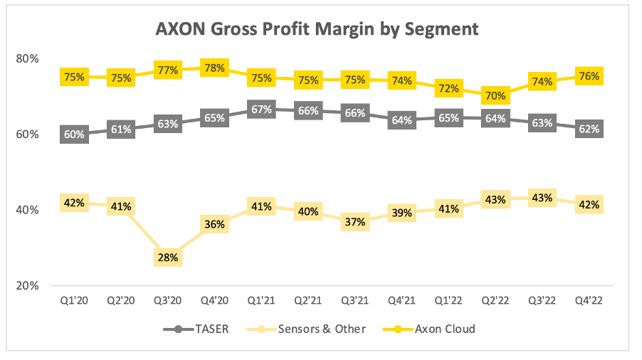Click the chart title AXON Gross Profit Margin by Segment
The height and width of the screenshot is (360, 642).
pyautogui.click(x=317, y=29)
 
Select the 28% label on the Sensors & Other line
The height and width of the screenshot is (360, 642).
pyautogui.click(x=168, y=257)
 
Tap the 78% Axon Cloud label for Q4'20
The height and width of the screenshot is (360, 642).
pyautogui.click(x=215, y=68)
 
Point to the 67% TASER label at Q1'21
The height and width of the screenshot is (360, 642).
pyautogui.click(x=261, y=108)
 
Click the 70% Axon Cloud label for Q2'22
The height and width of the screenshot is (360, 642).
pyautogui.click(x=495, y=95)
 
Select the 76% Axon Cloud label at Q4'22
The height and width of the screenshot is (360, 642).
pyautogui.click(x=589, y=75)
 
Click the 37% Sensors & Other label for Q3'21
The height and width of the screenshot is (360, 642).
pyautogui.click(x=354, y=221)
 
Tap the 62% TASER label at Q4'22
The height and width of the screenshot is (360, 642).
pyautogui.click(x=589, y=129)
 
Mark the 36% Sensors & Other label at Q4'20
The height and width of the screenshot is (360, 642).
pyautogui.click(x=215, y=225)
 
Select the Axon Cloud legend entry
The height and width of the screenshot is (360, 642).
pyautogui.click(x=435, y=329)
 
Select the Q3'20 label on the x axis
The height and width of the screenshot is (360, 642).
pyautogui.click(x=168, y=302)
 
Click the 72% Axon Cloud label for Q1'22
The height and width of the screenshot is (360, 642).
pyautogui.click(x=448, y=89)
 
